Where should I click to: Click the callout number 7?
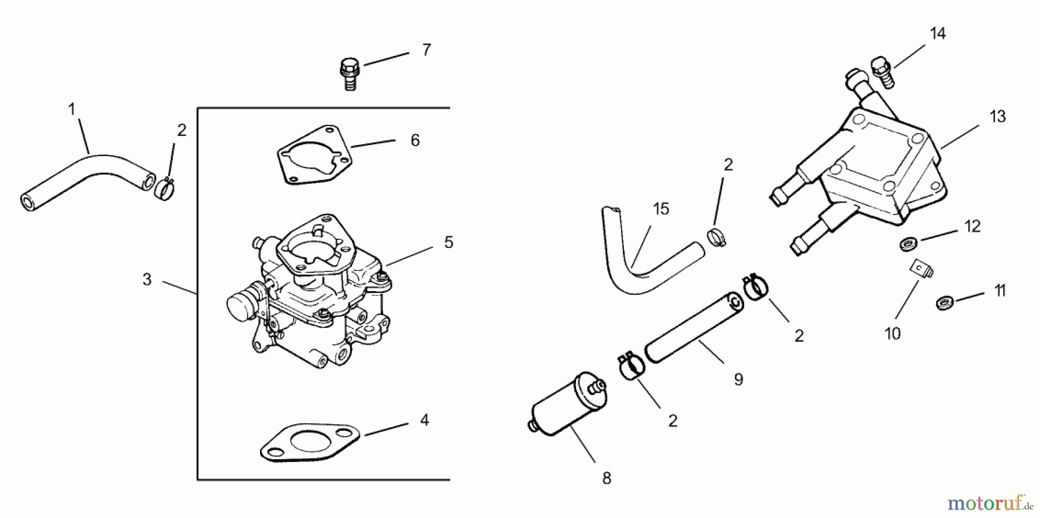click(x=426, y=50)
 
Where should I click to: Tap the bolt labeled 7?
click(x=349, y=73)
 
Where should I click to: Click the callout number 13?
click(x=997, y=117)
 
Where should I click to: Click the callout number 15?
click(x=661, y=209)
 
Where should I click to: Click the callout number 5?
click(x=448, y=243)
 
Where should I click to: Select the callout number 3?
click(x=147, y=280)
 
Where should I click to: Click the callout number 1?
click(x=72, y=109)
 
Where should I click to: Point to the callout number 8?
click(x=606, y=479)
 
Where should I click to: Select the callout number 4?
click(x=425, y=420)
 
